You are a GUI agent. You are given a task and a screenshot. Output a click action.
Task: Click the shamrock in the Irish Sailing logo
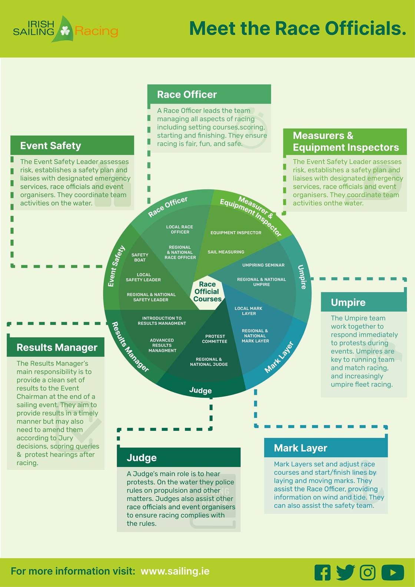tap(65, 31)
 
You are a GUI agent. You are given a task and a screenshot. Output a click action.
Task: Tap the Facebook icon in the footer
tap(322, 573)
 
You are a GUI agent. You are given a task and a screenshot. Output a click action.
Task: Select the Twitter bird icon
tap(345, 573)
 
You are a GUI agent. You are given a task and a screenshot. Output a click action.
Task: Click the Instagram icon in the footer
tap(368, 573)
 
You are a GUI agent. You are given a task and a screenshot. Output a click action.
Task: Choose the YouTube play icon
tap(393, 573)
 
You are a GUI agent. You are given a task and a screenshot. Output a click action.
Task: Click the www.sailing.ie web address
tap(175, 571)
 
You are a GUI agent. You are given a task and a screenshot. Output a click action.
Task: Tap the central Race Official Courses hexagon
tap(207, 292)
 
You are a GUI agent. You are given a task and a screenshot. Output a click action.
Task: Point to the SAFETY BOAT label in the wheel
tap(140, 257)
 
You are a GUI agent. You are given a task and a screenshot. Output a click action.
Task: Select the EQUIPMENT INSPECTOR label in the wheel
tap(236, 233)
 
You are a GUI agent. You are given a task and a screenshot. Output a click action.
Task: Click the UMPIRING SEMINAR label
tap(263, 265)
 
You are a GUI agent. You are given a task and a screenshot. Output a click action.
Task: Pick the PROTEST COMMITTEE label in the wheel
tap(215, 339)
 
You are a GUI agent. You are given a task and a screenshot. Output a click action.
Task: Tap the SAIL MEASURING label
tap(226, 252)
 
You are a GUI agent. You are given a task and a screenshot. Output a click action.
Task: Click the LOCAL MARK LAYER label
tap(248, 311)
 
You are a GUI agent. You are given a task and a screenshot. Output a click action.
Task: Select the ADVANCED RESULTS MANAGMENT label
tap(162, 345)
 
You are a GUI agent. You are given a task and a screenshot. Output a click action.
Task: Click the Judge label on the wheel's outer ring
tap(200, 390)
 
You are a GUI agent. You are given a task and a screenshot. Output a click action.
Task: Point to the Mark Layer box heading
tap(301, 448)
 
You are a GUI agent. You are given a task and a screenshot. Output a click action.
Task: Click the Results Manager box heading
tap(57, 348)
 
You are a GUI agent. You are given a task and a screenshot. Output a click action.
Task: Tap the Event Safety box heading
tap(51, 146)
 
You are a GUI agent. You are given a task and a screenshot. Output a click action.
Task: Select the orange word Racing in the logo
tap(96, 31)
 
